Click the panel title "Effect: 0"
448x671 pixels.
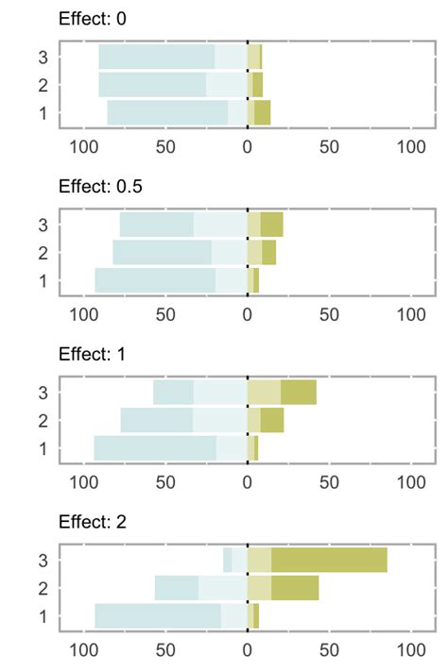[94, 19]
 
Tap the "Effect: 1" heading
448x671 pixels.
[94, 354]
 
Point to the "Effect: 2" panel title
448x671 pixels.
[94, 522]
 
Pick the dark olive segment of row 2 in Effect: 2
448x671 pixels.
[295, 588]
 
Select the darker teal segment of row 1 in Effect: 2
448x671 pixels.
[158, 616]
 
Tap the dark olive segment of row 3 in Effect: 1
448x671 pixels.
[299, 392]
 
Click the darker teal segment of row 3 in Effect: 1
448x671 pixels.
[173, 392]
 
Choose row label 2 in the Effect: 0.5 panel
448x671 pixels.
[43, 253]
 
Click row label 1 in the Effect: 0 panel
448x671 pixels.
[43, 113]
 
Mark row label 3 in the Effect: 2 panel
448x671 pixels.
[43, 560]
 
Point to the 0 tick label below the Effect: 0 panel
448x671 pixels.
[248, 147]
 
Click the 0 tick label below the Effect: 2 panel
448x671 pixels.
[248, 650]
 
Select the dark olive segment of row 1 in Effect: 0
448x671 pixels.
[263, 113]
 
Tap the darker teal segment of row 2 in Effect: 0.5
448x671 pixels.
[162, 253]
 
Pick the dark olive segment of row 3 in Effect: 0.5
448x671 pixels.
[272, 225]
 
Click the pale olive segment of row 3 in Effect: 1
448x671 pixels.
[264, 392]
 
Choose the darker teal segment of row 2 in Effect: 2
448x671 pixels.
[177, 588]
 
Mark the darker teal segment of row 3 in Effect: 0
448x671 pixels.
[157, 57]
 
